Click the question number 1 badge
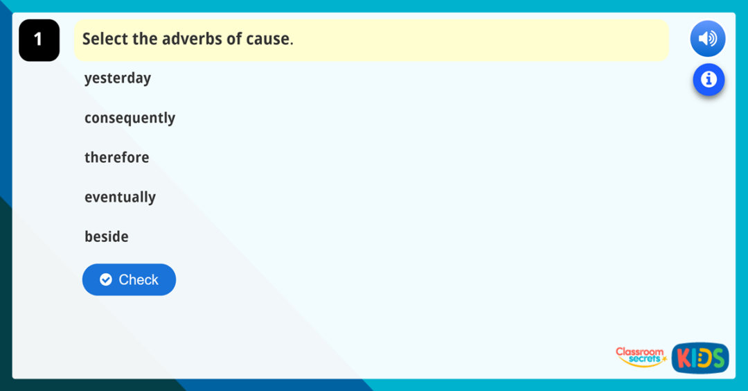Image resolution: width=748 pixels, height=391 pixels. (39, 40)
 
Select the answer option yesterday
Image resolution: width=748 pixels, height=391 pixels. (118, 78)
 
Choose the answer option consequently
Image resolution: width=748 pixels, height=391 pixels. (130, 118)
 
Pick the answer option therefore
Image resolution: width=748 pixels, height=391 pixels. (116, 157)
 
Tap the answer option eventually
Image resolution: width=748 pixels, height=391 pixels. (120, 197)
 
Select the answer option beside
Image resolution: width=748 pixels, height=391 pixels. (107, 236)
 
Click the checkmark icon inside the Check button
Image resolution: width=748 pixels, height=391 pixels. (106, 279)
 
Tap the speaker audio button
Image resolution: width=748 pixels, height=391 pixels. (707, 38)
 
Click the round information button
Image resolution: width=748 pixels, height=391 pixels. (708, 80)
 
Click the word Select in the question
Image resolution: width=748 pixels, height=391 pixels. (105, 39)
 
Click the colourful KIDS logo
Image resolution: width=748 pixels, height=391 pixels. (700, 358)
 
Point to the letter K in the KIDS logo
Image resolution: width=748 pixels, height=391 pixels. (683, 358)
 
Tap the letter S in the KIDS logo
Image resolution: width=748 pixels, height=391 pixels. (718, 358)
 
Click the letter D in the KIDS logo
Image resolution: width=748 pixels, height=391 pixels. (704, 358)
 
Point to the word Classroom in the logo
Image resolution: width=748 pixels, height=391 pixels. (640, 352)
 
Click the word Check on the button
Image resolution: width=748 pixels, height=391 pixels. (139, 279)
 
